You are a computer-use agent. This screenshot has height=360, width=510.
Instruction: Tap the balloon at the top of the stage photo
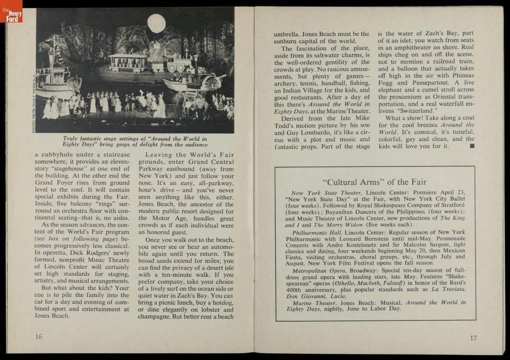click(x=157, y=23)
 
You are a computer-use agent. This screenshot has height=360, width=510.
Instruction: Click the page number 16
click(x=39, y=337)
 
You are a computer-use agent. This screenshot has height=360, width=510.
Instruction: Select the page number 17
click(x=473, y=338)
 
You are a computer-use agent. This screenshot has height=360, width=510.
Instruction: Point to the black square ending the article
click(x=471, y=146)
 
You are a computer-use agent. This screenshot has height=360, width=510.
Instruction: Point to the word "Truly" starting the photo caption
click(x=71, y=139)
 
